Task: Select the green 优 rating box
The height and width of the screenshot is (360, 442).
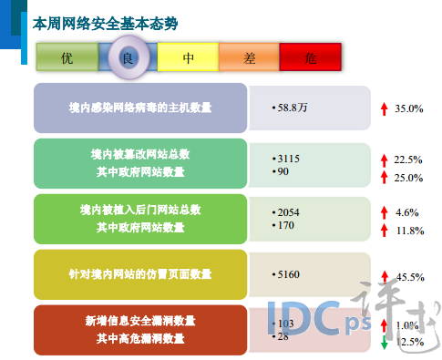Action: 66,58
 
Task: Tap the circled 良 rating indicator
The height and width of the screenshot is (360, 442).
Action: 127,57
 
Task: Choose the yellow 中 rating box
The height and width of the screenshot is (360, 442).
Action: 189,58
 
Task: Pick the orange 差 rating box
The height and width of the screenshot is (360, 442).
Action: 250,58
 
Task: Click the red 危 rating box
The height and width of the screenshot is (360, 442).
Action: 311,58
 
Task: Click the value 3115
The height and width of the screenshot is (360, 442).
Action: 287,158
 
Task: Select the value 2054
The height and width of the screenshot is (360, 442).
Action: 288,211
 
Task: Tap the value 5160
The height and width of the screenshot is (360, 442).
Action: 288,273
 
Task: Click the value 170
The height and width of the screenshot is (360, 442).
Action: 284,223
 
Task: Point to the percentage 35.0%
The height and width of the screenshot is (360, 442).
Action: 409,108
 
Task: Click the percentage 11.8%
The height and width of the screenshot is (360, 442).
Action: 408,231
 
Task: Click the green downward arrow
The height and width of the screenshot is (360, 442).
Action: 385,343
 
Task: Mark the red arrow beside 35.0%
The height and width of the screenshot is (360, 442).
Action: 385,108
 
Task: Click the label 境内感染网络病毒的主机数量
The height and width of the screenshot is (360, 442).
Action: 140,108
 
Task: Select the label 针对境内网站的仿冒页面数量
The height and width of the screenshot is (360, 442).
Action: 140,273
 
